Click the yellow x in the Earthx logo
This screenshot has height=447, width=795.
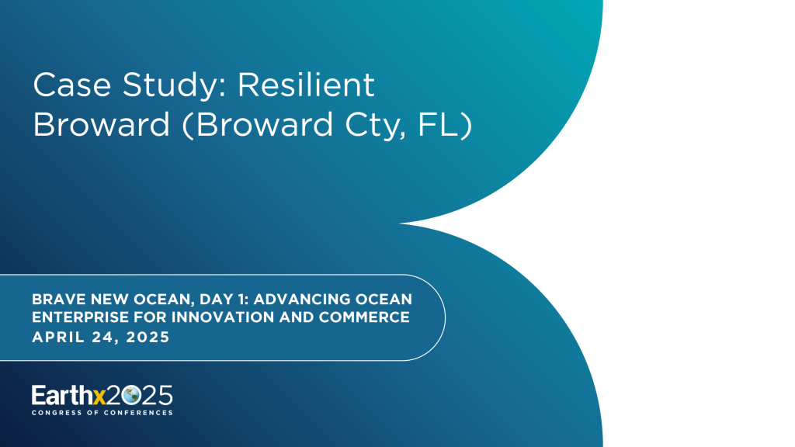(x=99, y=396)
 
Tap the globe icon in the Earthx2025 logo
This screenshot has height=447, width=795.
(x=130, y=395)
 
